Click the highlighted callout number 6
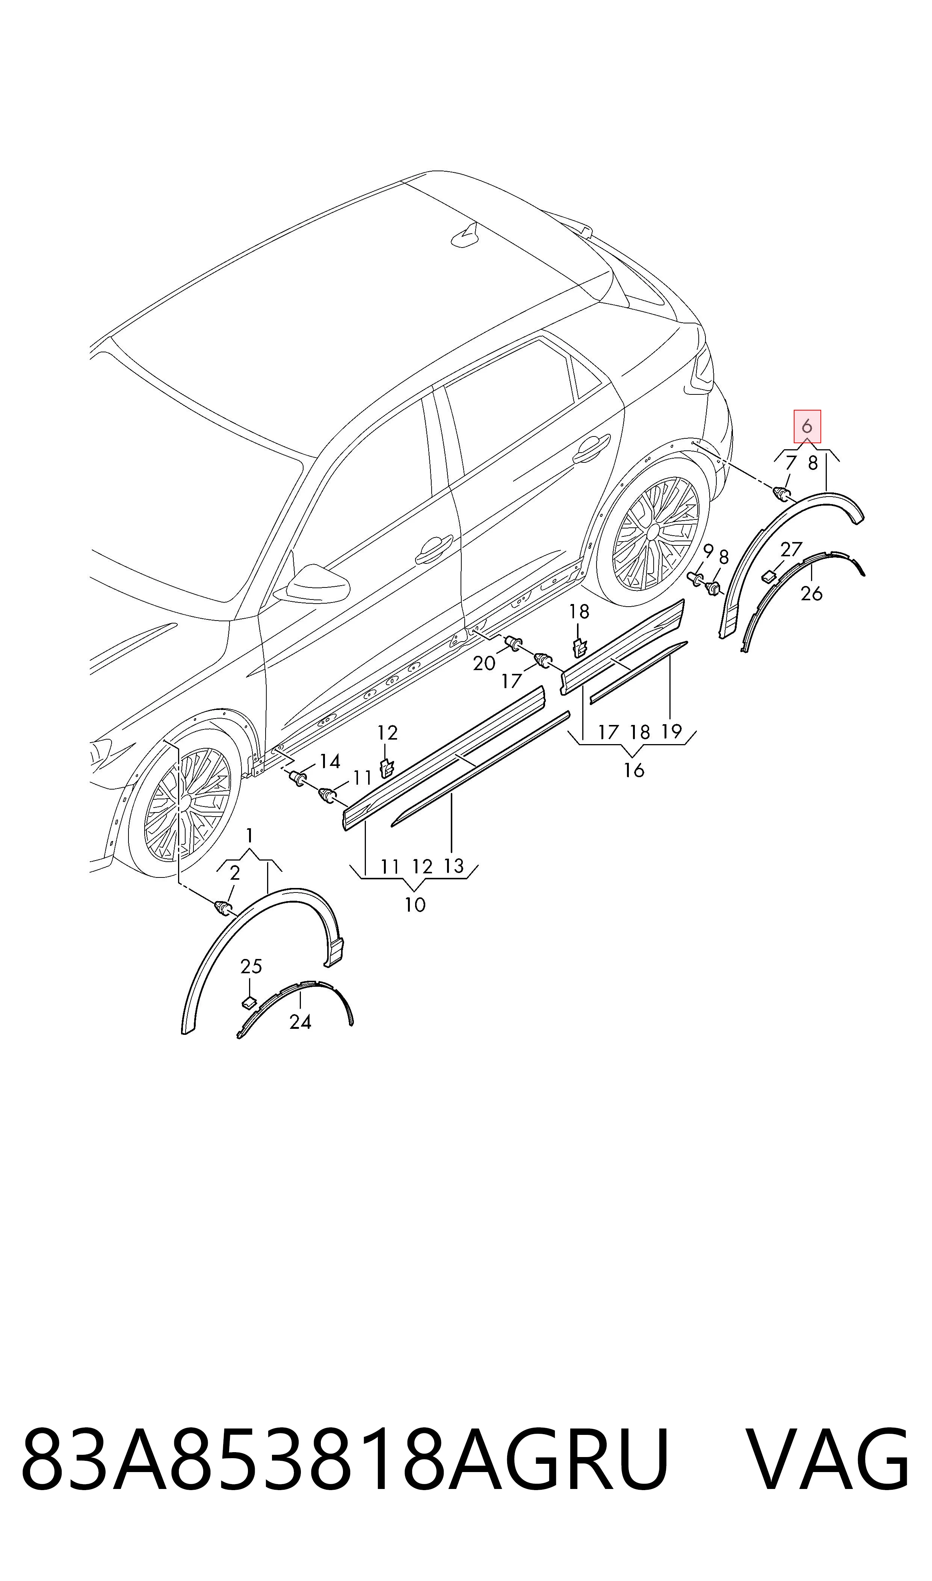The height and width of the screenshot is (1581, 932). [x=807, y=427]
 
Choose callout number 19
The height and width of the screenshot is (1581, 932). [x=671, y=731]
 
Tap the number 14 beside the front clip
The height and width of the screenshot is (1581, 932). [x=330, y=762]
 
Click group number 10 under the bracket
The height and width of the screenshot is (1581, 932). [x=415, y=905]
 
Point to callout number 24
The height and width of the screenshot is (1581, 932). [x=300, y=1022]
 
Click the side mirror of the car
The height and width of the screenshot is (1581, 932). [x=317, y=584]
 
